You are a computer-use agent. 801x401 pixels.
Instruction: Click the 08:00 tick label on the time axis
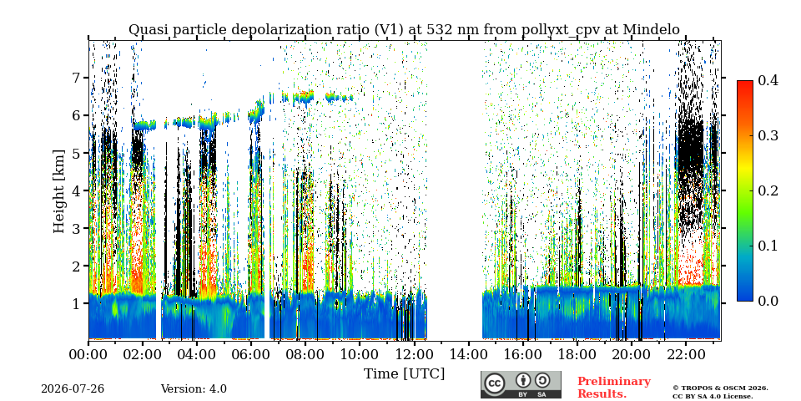click(x=305, y=354)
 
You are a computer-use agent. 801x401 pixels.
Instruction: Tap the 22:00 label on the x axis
click(x=685, y=354)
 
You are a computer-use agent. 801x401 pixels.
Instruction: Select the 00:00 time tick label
click(x=88, y=354)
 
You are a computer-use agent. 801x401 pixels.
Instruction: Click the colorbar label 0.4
click(x=768, y=80)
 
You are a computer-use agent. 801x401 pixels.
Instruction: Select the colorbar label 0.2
click(x=768, y=190)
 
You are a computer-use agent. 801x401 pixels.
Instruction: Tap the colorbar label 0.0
click(x=768, y=301)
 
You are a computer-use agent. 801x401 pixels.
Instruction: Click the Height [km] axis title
click(x=59, y=191)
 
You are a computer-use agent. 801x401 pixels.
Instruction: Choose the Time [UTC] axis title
click(x=404, y=374)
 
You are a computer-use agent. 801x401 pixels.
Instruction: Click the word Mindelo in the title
click(x=652, y=30)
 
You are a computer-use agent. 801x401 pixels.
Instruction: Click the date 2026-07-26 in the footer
click(x=73, y=389)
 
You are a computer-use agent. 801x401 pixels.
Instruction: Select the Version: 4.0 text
click(x=194, y=389)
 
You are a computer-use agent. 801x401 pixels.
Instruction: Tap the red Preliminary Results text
click(x=614, y=388)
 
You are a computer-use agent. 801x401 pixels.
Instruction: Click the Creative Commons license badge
click(x=521, y=384)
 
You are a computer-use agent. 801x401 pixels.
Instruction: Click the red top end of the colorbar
click(x=745, y=82)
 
